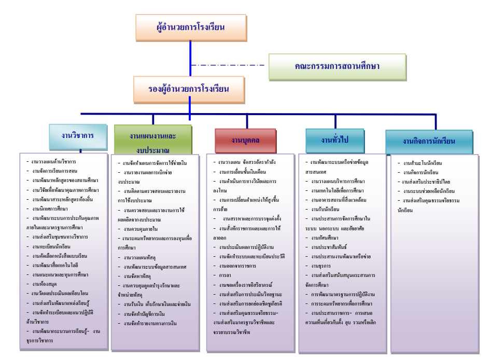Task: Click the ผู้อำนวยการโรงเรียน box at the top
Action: coord(190,27)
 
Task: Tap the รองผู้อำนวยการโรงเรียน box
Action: coord(189,89)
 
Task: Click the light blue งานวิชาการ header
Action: coord(78,136)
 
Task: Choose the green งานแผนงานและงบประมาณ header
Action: coord(153,141)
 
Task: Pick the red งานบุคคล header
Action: coord(246,141)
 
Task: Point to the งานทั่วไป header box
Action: coord(334,141)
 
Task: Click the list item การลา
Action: coord(225,275)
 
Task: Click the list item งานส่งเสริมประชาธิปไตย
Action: coord(426,182)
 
